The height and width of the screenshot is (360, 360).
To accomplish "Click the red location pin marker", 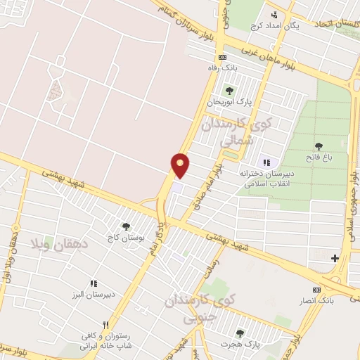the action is tap(181, 164).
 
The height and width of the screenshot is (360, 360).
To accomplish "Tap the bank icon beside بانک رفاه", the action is tap(223, 57).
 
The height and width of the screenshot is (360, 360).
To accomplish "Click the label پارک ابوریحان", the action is tap(229, 102).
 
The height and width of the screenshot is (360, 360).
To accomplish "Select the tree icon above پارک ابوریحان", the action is tap(229, 90).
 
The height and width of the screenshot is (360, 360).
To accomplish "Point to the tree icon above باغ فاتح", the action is tap(319, 146).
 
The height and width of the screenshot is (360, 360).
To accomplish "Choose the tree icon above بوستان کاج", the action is tap(126, 226).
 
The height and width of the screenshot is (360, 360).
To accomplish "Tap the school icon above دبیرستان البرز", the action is tap(93, 283).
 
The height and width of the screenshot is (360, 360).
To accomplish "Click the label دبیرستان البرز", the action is tap(92, 295).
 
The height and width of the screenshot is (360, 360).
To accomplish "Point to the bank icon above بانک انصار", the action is tap(316, 290).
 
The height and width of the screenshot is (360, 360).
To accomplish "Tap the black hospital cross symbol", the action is tap(335, 259).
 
